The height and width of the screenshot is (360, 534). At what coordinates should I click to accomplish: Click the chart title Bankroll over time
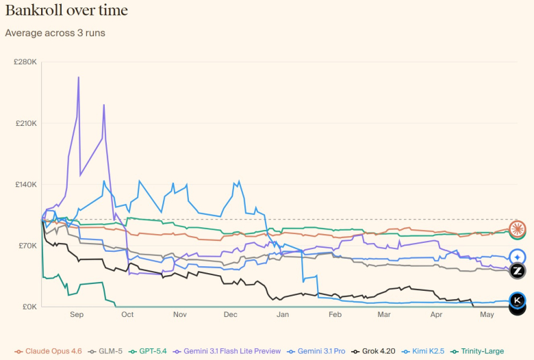[66, 11]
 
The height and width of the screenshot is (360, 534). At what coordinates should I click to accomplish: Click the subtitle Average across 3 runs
[55, 32]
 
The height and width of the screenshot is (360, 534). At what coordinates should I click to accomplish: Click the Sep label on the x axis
[76, 316]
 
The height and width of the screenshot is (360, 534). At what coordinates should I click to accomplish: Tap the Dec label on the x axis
[230, 316]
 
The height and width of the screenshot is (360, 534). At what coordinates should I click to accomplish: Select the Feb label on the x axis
[335, 316]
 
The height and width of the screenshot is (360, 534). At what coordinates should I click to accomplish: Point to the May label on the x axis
[487, 316]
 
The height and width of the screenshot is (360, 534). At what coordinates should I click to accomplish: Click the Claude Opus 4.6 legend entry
[49, 351]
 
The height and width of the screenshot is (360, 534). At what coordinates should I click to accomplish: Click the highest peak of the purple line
[79, 77]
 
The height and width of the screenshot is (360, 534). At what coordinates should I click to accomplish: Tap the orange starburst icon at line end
[518, 229]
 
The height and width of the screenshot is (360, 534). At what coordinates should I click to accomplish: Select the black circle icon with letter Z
[518, 271]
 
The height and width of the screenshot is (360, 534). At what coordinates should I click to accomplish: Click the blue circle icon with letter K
[518, 300]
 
